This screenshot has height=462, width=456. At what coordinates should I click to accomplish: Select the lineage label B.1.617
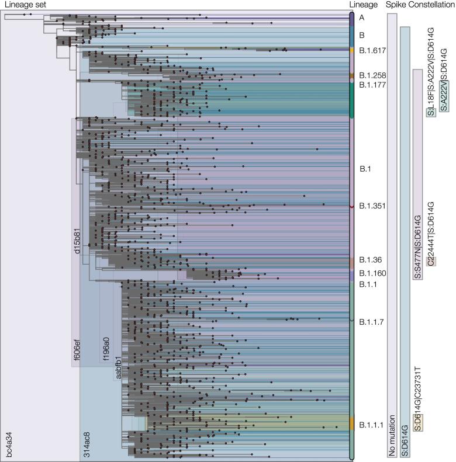[x=372, y=51]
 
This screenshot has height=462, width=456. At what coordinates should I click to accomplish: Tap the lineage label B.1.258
[x=372, y=76]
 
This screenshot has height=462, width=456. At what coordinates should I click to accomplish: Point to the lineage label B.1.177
[x=372, y=85]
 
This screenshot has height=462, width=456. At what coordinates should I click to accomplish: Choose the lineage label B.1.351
[x=372, y=206]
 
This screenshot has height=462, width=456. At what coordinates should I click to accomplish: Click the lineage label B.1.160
[x=372, y=273]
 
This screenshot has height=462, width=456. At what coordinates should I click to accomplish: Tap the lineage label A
[x=362, y=18]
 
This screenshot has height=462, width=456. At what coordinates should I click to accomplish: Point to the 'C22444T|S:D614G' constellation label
[x=431, y=234]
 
